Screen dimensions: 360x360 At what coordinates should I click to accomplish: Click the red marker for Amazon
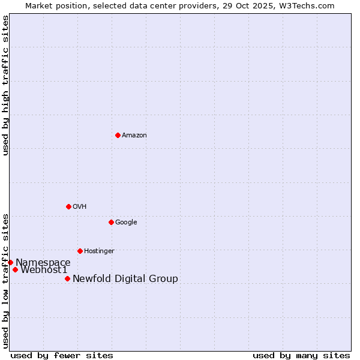118,135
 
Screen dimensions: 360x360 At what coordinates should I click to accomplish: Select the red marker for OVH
68,206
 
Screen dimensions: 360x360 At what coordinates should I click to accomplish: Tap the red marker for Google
111,222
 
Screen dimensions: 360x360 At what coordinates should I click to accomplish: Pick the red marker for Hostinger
80,251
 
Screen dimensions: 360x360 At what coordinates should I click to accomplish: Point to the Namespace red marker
10,262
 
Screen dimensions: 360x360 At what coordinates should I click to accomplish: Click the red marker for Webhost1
15,269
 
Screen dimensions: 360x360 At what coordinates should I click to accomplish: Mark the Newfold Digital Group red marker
67,278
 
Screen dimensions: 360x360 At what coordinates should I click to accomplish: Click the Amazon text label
134,136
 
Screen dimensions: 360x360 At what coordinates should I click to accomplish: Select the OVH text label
80,207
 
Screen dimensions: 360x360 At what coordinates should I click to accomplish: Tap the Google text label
126,223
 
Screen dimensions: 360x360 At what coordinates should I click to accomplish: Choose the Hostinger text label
99,251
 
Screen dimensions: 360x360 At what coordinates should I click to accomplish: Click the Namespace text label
43,263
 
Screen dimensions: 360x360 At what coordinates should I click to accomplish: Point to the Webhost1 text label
44,270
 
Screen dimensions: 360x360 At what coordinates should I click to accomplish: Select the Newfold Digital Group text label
125,279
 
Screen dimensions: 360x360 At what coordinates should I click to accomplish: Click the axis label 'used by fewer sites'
62,355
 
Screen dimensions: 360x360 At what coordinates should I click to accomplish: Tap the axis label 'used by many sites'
301,355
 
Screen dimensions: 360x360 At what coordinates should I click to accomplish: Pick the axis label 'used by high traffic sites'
6,85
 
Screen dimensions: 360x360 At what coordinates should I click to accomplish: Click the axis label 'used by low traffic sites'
6,280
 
